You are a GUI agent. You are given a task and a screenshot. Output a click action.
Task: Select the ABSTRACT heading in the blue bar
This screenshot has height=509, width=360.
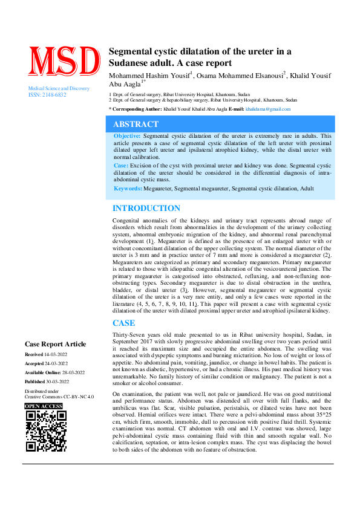tap(136, 125)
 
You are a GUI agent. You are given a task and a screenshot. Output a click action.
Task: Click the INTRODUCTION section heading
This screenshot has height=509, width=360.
tap(146, 209)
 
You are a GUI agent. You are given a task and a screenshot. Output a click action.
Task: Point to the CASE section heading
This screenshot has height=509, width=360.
tap(124, 323)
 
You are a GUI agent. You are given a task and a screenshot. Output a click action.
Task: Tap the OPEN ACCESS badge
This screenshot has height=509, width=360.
tap(44, 406)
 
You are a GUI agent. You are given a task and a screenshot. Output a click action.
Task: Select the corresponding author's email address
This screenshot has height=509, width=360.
tap(269, 109)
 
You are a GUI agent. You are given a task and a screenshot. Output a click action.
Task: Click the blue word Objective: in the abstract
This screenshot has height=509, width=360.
tap(127, 137)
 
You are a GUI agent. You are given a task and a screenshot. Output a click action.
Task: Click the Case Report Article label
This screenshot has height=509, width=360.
tap(55, 344)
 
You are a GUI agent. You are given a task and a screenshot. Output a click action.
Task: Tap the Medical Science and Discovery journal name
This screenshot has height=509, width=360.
tap(59, 89)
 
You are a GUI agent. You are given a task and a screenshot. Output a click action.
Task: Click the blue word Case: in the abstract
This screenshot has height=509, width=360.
tap(121, 165)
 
